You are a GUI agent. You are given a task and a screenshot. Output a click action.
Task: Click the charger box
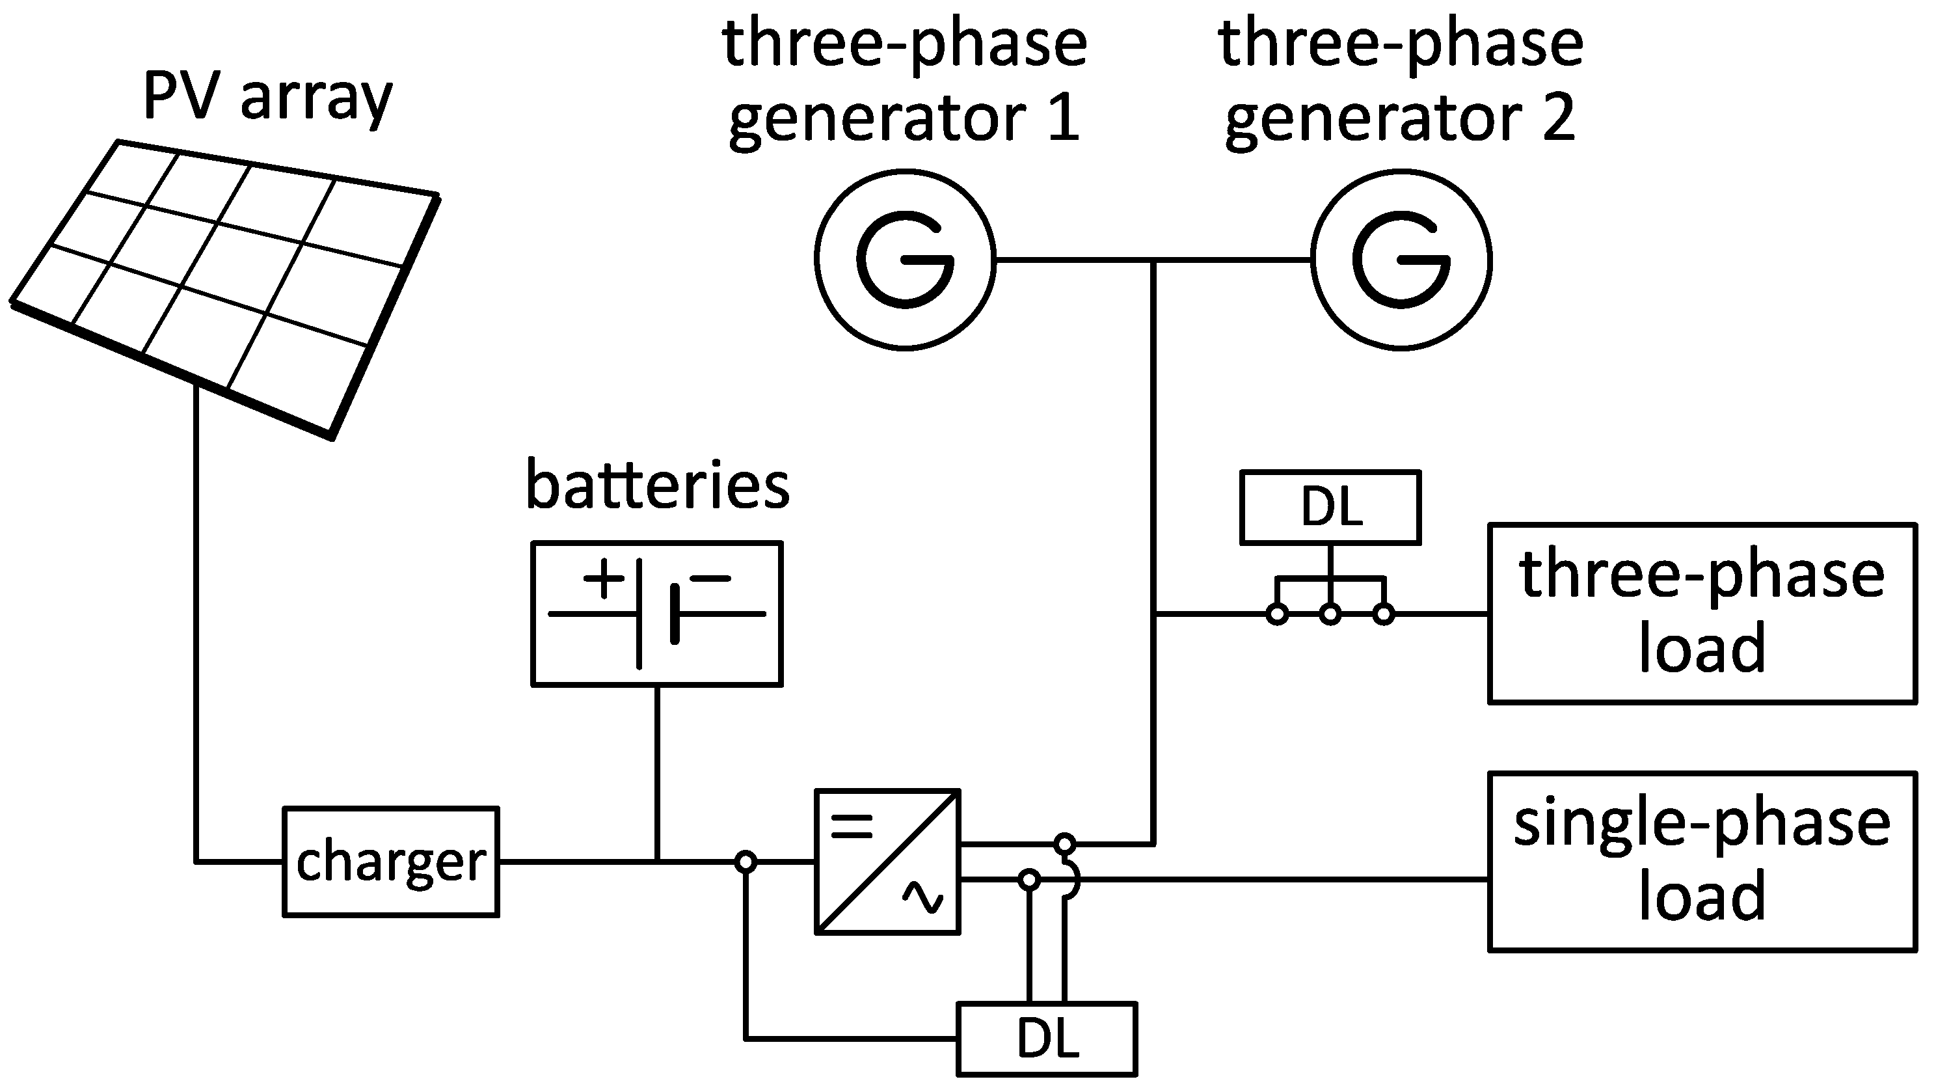click(x=391, y=862)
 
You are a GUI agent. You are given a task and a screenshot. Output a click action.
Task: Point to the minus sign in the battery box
click(x=710, y=578)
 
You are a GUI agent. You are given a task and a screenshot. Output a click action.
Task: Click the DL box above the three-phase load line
click(x=1330, y=508)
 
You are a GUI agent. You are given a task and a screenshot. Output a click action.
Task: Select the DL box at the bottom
click(x=1047, y=1039)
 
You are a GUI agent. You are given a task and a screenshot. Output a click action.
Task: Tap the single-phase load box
click(x=1702, y=862)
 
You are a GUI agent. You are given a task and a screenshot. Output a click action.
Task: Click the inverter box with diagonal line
click(x=887, y=862)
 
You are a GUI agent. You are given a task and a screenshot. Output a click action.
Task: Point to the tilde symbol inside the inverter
click(x=923, y=897)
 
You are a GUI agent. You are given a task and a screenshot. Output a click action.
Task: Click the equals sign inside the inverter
click(x=852, y=827)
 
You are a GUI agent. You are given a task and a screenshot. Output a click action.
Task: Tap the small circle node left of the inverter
click(x=745, y=862)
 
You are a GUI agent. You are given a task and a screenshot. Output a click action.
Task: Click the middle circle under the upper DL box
click(x=1330, y=614)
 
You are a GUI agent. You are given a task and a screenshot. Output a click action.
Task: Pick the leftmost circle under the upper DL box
click(x=1277, y=614)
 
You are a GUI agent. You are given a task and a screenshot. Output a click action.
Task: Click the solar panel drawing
click(x=226, y=286)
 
